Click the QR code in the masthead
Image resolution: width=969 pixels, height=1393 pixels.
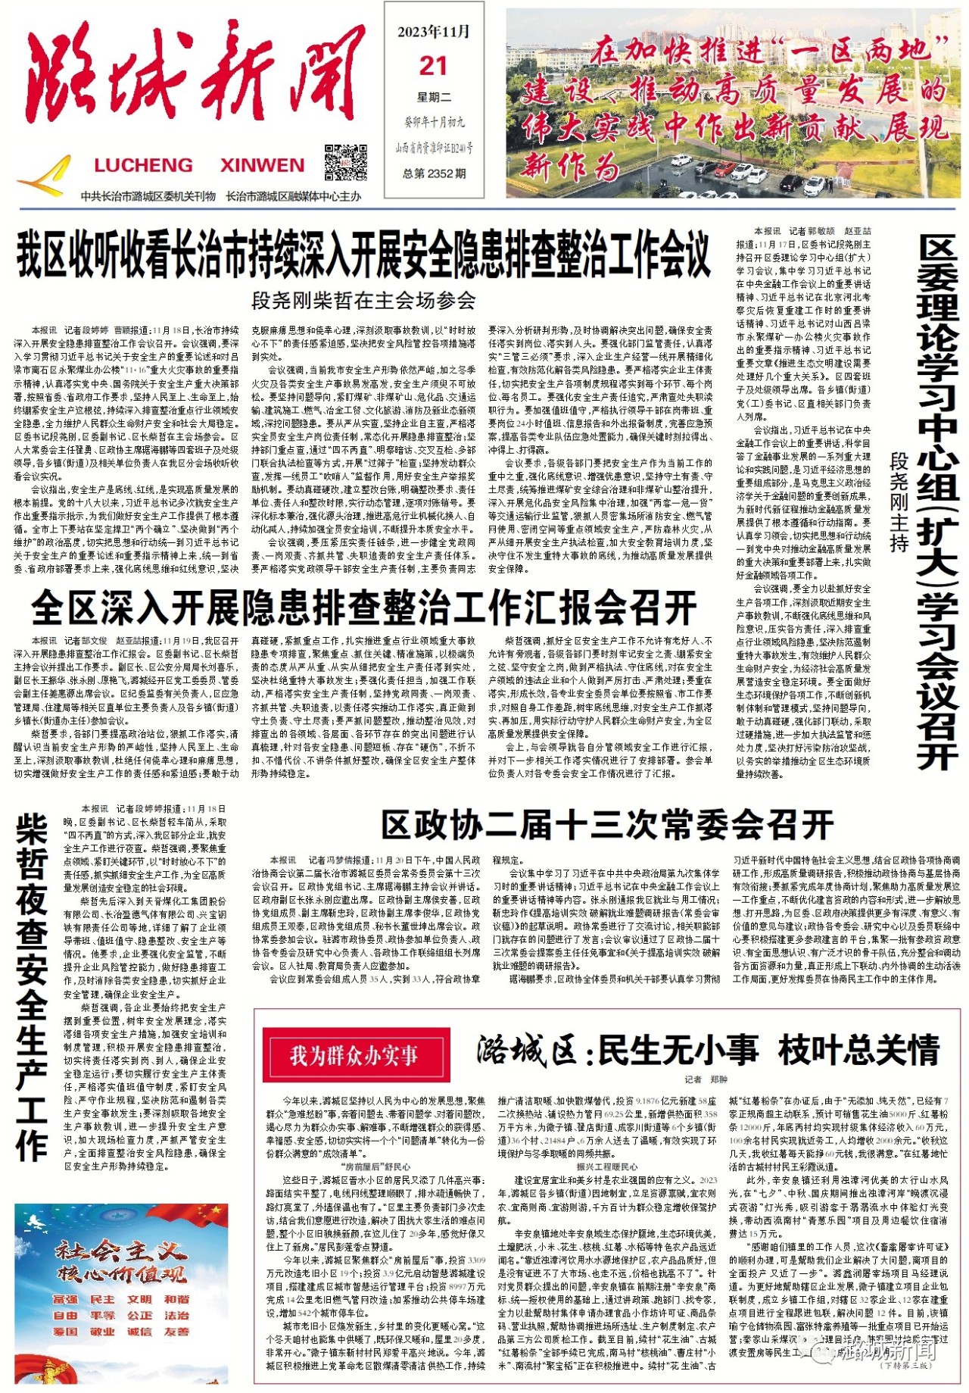coord(346,161)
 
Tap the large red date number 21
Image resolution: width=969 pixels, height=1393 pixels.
coord(433,67)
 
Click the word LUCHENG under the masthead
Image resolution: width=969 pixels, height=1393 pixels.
coord(143,165)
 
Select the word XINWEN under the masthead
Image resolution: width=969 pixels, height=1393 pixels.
coord(262,165)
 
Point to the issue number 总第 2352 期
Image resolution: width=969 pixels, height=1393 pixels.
coord(434,173)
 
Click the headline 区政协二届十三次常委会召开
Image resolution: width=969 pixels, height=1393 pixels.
coord(606,825)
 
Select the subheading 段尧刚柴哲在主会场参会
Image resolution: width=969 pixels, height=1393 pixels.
coord(363,301)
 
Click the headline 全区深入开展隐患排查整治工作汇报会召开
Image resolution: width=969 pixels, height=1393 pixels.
coord(363,607)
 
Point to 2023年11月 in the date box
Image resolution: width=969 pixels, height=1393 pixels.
coord(433,32)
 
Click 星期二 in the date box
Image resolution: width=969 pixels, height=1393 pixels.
coord(434,97)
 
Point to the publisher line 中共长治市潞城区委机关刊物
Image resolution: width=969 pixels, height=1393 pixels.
coord(148,196)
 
